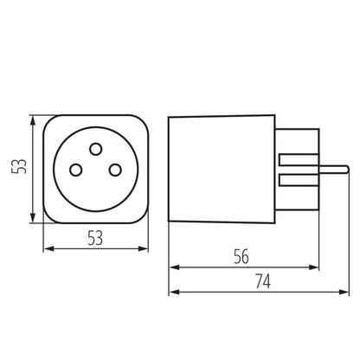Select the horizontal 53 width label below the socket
pos(96,239)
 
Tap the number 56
pos(245,257)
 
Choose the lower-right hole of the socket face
pos(115,171)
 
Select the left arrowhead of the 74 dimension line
pos(171,292)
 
